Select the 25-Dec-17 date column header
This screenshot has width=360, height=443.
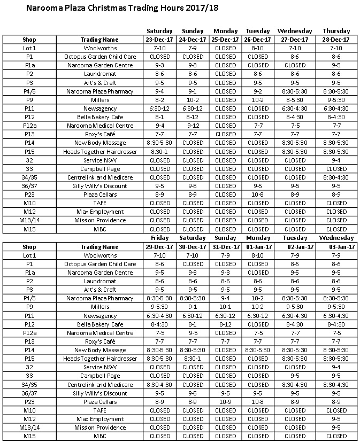[x=225, y=40]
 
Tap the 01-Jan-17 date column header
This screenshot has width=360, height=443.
[x=258, y=247]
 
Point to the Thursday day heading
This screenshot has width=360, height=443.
[x=336, y=31]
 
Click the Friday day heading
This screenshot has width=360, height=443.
[x=160, y=238]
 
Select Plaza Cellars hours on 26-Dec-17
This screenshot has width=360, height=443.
[x=258, y=195]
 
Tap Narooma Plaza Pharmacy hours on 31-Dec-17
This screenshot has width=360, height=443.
[x=225, y=298]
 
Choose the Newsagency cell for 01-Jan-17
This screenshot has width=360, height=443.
[x=258, y=316]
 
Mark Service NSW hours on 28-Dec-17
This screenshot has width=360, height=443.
[x=336, y=160]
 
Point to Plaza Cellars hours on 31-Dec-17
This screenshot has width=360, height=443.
[x=225, y=402]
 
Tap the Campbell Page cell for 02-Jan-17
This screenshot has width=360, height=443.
[x=295, y=376]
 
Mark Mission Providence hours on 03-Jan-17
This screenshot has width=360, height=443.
[x=336, y=428]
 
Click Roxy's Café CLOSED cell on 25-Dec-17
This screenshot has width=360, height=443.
[x=225, y=134]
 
